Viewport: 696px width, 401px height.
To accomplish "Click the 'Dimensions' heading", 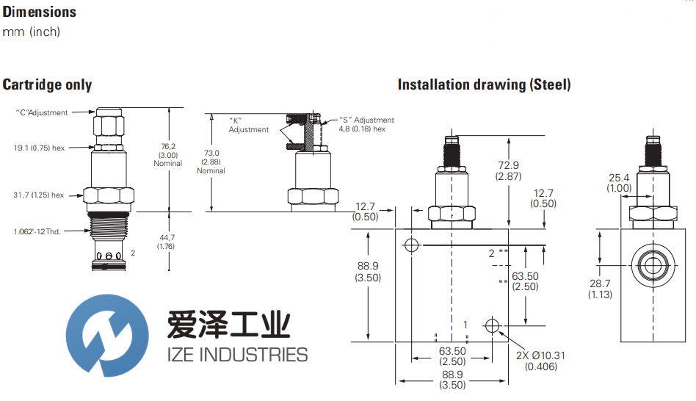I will click(x=40, y=12).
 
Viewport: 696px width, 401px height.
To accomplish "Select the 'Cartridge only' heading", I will click(x=48, y=84).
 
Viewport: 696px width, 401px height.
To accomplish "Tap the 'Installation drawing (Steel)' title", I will click(x=484, y=84).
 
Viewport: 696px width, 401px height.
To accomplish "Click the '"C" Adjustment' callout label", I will click(x=42, y=113).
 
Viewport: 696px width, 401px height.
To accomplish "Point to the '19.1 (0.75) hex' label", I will click(x=40, y=148).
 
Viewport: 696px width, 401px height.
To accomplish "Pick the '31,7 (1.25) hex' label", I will click(x=40, y=195).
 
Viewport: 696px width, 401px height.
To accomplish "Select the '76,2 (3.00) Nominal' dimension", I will click(x=167, y=155).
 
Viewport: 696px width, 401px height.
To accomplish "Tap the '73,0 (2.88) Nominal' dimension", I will click(x=211, y=162).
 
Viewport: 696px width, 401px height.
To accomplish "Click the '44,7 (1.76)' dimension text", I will click(x=166, y=242).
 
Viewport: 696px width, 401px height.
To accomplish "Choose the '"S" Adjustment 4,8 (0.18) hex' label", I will click(x=366, y=124).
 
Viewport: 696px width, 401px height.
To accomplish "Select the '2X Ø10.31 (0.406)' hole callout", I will click(x=540, y=361).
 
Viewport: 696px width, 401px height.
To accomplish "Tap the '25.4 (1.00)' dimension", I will click(x=620, y=183).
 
